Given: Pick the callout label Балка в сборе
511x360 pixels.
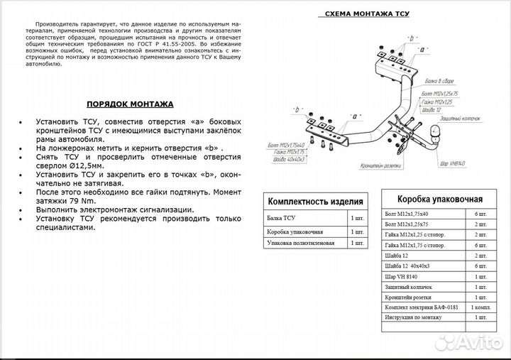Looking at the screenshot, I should [x=432, y=83].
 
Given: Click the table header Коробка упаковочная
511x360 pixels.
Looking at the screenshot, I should [x=439, y=199].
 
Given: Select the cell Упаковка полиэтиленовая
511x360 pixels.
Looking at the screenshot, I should [x=300, y=243].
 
